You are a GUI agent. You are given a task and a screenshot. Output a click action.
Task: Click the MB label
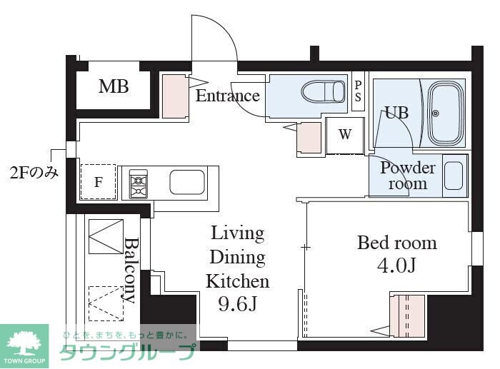point(114,86)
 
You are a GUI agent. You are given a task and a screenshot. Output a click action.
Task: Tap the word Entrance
point(228,96)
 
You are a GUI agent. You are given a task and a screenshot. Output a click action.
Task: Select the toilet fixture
point(323,92)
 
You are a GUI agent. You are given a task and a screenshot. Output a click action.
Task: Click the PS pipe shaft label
point(358,91)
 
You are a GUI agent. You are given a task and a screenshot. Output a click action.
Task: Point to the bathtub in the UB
point(446,113)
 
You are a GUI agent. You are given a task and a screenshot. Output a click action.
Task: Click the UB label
point(396,113)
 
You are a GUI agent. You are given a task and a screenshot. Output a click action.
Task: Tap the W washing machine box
point(345,136)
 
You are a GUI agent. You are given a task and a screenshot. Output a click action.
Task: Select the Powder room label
point(408,176)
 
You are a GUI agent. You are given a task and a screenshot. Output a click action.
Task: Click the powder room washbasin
point(454,176)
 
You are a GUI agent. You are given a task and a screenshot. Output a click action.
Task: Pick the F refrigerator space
point(99,181)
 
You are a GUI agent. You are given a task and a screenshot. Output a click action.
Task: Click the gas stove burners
point(139,184)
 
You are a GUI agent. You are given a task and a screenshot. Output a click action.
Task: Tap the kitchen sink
point(187,182)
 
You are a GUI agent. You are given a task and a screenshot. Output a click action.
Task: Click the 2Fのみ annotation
point(34,173)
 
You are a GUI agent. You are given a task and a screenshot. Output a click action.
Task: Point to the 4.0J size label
point(396,265)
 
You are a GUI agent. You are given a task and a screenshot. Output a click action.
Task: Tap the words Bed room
point(397,243)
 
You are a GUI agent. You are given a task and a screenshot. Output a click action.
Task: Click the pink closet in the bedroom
point(409,316)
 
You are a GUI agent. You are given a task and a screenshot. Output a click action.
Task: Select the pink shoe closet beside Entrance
point(174,96)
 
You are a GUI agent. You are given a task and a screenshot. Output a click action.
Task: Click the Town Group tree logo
point(24,346)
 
